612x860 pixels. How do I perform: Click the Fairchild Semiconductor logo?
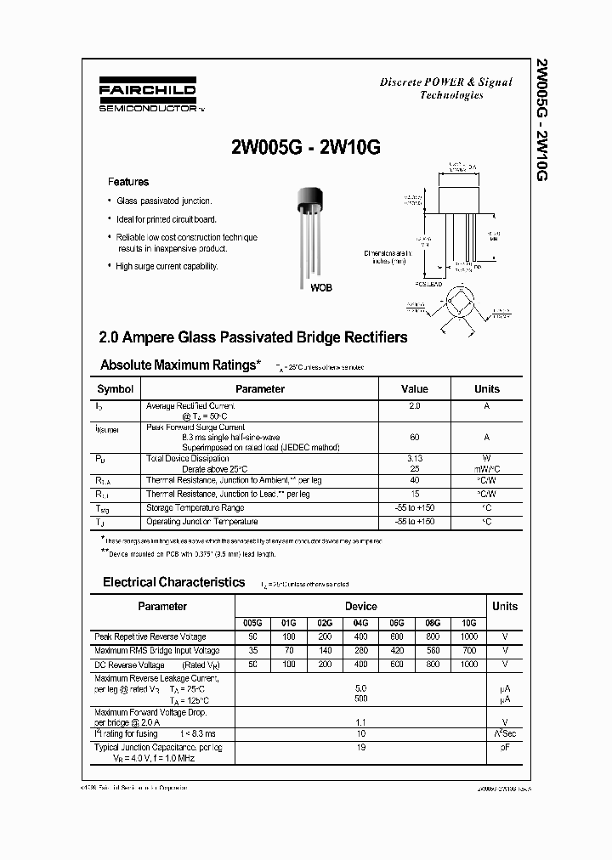[x=150, y=96]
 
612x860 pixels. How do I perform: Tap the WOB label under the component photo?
[x=320, y=288]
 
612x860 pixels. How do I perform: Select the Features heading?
[x=127, y=182]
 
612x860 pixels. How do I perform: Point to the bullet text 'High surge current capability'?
[x=167, y=266]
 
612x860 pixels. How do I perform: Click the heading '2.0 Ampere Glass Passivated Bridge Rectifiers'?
[x=253, y=337]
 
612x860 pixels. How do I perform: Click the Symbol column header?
[x=116, y=389]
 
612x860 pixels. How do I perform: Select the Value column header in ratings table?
[x=414, y=389]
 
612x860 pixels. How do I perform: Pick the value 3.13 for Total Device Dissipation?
[x=414, y=457]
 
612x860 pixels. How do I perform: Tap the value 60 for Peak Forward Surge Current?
[x=414, y=437]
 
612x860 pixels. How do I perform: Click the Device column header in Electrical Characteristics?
[x=360, y=606]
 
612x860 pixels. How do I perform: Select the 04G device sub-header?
[x=360, y=623]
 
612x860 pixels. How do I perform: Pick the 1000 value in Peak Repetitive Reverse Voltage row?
[x=468, y=637]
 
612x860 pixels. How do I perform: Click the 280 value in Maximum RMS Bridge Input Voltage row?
[x=360, y=650]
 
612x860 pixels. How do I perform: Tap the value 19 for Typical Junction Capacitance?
[x=360, y=747]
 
